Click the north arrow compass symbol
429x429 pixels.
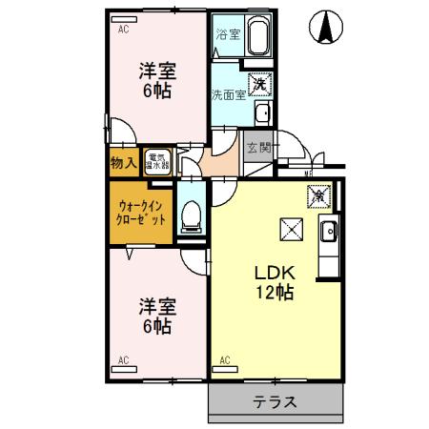pyautogui.click(x=325, y=28)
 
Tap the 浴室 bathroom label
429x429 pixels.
pyautogui.click(x=227, y=35)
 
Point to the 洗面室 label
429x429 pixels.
pyautogui.click(x=228, y=93)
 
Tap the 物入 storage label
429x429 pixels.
pyautogui.click(x=123, y=162)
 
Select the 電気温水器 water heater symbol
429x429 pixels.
pyautogui.click(x=156, y=161)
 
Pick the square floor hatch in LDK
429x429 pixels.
pyautogui.click(x=290, y=230)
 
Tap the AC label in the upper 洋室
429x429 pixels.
pyautogui.click(x=124, y=31)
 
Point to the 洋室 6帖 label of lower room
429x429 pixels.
pyautogui.click(x=155, y=316)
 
